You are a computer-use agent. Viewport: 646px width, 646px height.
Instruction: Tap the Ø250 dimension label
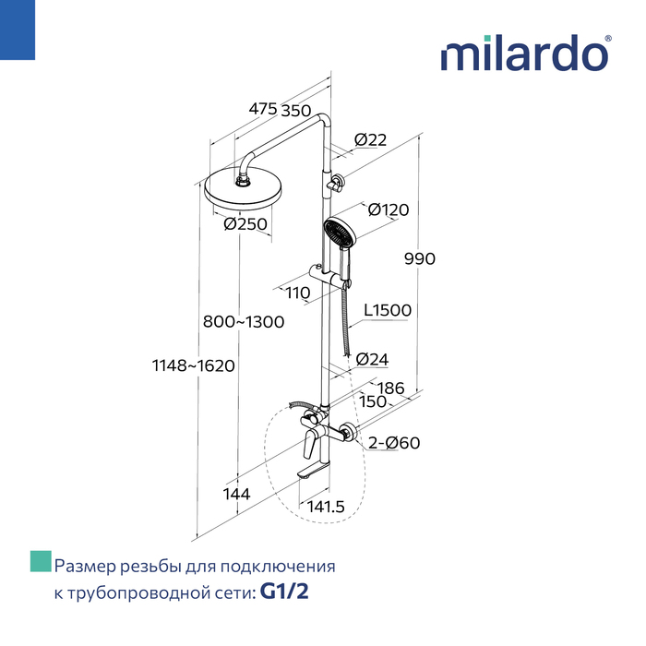click(x=245, y=224)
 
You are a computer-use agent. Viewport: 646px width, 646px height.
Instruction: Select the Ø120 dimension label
click(x=389, y=209)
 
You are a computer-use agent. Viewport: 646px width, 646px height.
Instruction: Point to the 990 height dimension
click(x=420, y=258)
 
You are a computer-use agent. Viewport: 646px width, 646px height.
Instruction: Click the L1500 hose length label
click(x=388, y=310)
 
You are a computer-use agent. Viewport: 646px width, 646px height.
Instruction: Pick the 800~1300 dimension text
click(x=244, y=322)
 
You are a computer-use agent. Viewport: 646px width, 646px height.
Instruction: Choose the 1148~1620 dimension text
click(x=194, y=365)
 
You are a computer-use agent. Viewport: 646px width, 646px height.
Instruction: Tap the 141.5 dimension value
click(x=326, y=507)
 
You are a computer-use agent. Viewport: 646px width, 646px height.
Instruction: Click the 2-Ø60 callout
click(x=394, y=443)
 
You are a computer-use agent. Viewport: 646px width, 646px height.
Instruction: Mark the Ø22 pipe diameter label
click(x=370, y=140)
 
